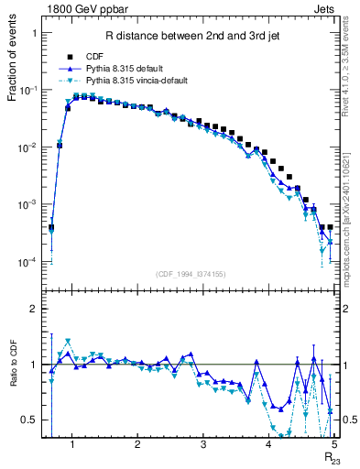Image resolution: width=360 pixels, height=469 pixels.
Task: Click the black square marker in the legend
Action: coord(70,56)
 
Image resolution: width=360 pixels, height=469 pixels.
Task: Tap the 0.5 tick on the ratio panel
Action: coord(28,420)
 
